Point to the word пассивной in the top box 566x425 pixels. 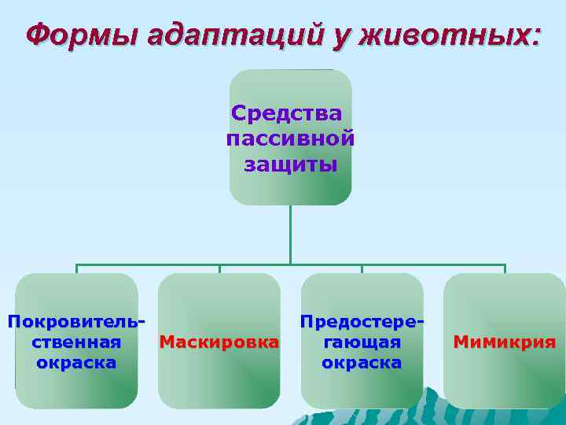click(290, 139)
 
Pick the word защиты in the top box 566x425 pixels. click(290, 164)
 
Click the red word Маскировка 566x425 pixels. click(219, 342)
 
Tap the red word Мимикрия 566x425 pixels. click(504, 342)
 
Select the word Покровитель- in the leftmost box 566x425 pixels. click(76, 321)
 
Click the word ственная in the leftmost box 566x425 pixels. click(76, 342)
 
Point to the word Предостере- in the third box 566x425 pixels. click(362, 321)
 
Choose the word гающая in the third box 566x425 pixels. click(362, 342)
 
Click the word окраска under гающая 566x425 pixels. click(362, 362)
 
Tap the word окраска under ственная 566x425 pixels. click(76, 362)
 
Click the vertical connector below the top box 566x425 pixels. click(290, 234)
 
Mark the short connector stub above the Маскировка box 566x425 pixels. click(219, 268)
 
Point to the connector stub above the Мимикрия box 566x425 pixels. click(505, 268)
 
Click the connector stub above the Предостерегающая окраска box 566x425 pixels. click(362, 268)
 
